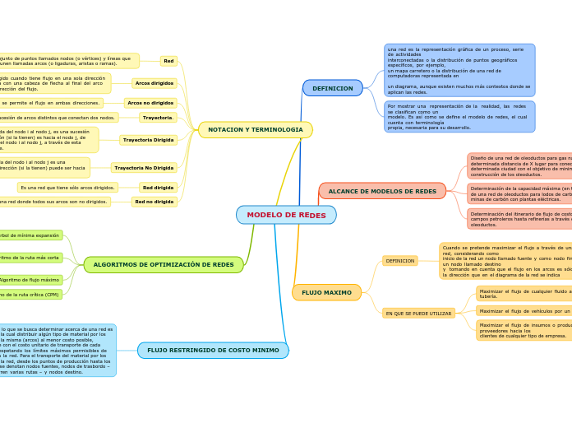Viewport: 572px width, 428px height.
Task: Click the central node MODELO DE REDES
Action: point(286,215)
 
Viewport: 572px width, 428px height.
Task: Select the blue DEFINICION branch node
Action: point(332,88)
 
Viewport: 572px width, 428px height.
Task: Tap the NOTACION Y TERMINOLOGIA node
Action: point(256,130)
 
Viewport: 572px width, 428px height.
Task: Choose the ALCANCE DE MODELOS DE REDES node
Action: point(382,191)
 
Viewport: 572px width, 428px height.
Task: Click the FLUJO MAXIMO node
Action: point(326,292)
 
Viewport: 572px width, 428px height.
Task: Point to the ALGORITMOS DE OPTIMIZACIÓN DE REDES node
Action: point(164,265)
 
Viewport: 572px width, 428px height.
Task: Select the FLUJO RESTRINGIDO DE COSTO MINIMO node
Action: point(213,351)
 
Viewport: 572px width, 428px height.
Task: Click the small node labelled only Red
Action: point(168,61)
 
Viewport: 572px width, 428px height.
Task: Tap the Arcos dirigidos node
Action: point(155,83)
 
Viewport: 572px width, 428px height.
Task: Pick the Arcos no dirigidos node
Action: point(150,103)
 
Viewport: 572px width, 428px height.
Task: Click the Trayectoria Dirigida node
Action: point(148,140)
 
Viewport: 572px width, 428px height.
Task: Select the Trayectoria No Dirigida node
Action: point(144,168)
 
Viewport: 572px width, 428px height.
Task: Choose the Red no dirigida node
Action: point(154,202)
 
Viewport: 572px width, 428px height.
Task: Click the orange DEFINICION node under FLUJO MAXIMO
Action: point(400,261)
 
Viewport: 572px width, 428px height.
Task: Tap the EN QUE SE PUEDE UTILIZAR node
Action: point(418,314)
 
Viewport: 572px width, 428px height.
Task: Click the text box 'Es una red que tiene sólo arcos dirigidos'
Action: point(67,188)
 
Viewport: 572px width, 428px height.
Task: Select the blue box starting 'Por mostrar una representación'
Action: point(459,117)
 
